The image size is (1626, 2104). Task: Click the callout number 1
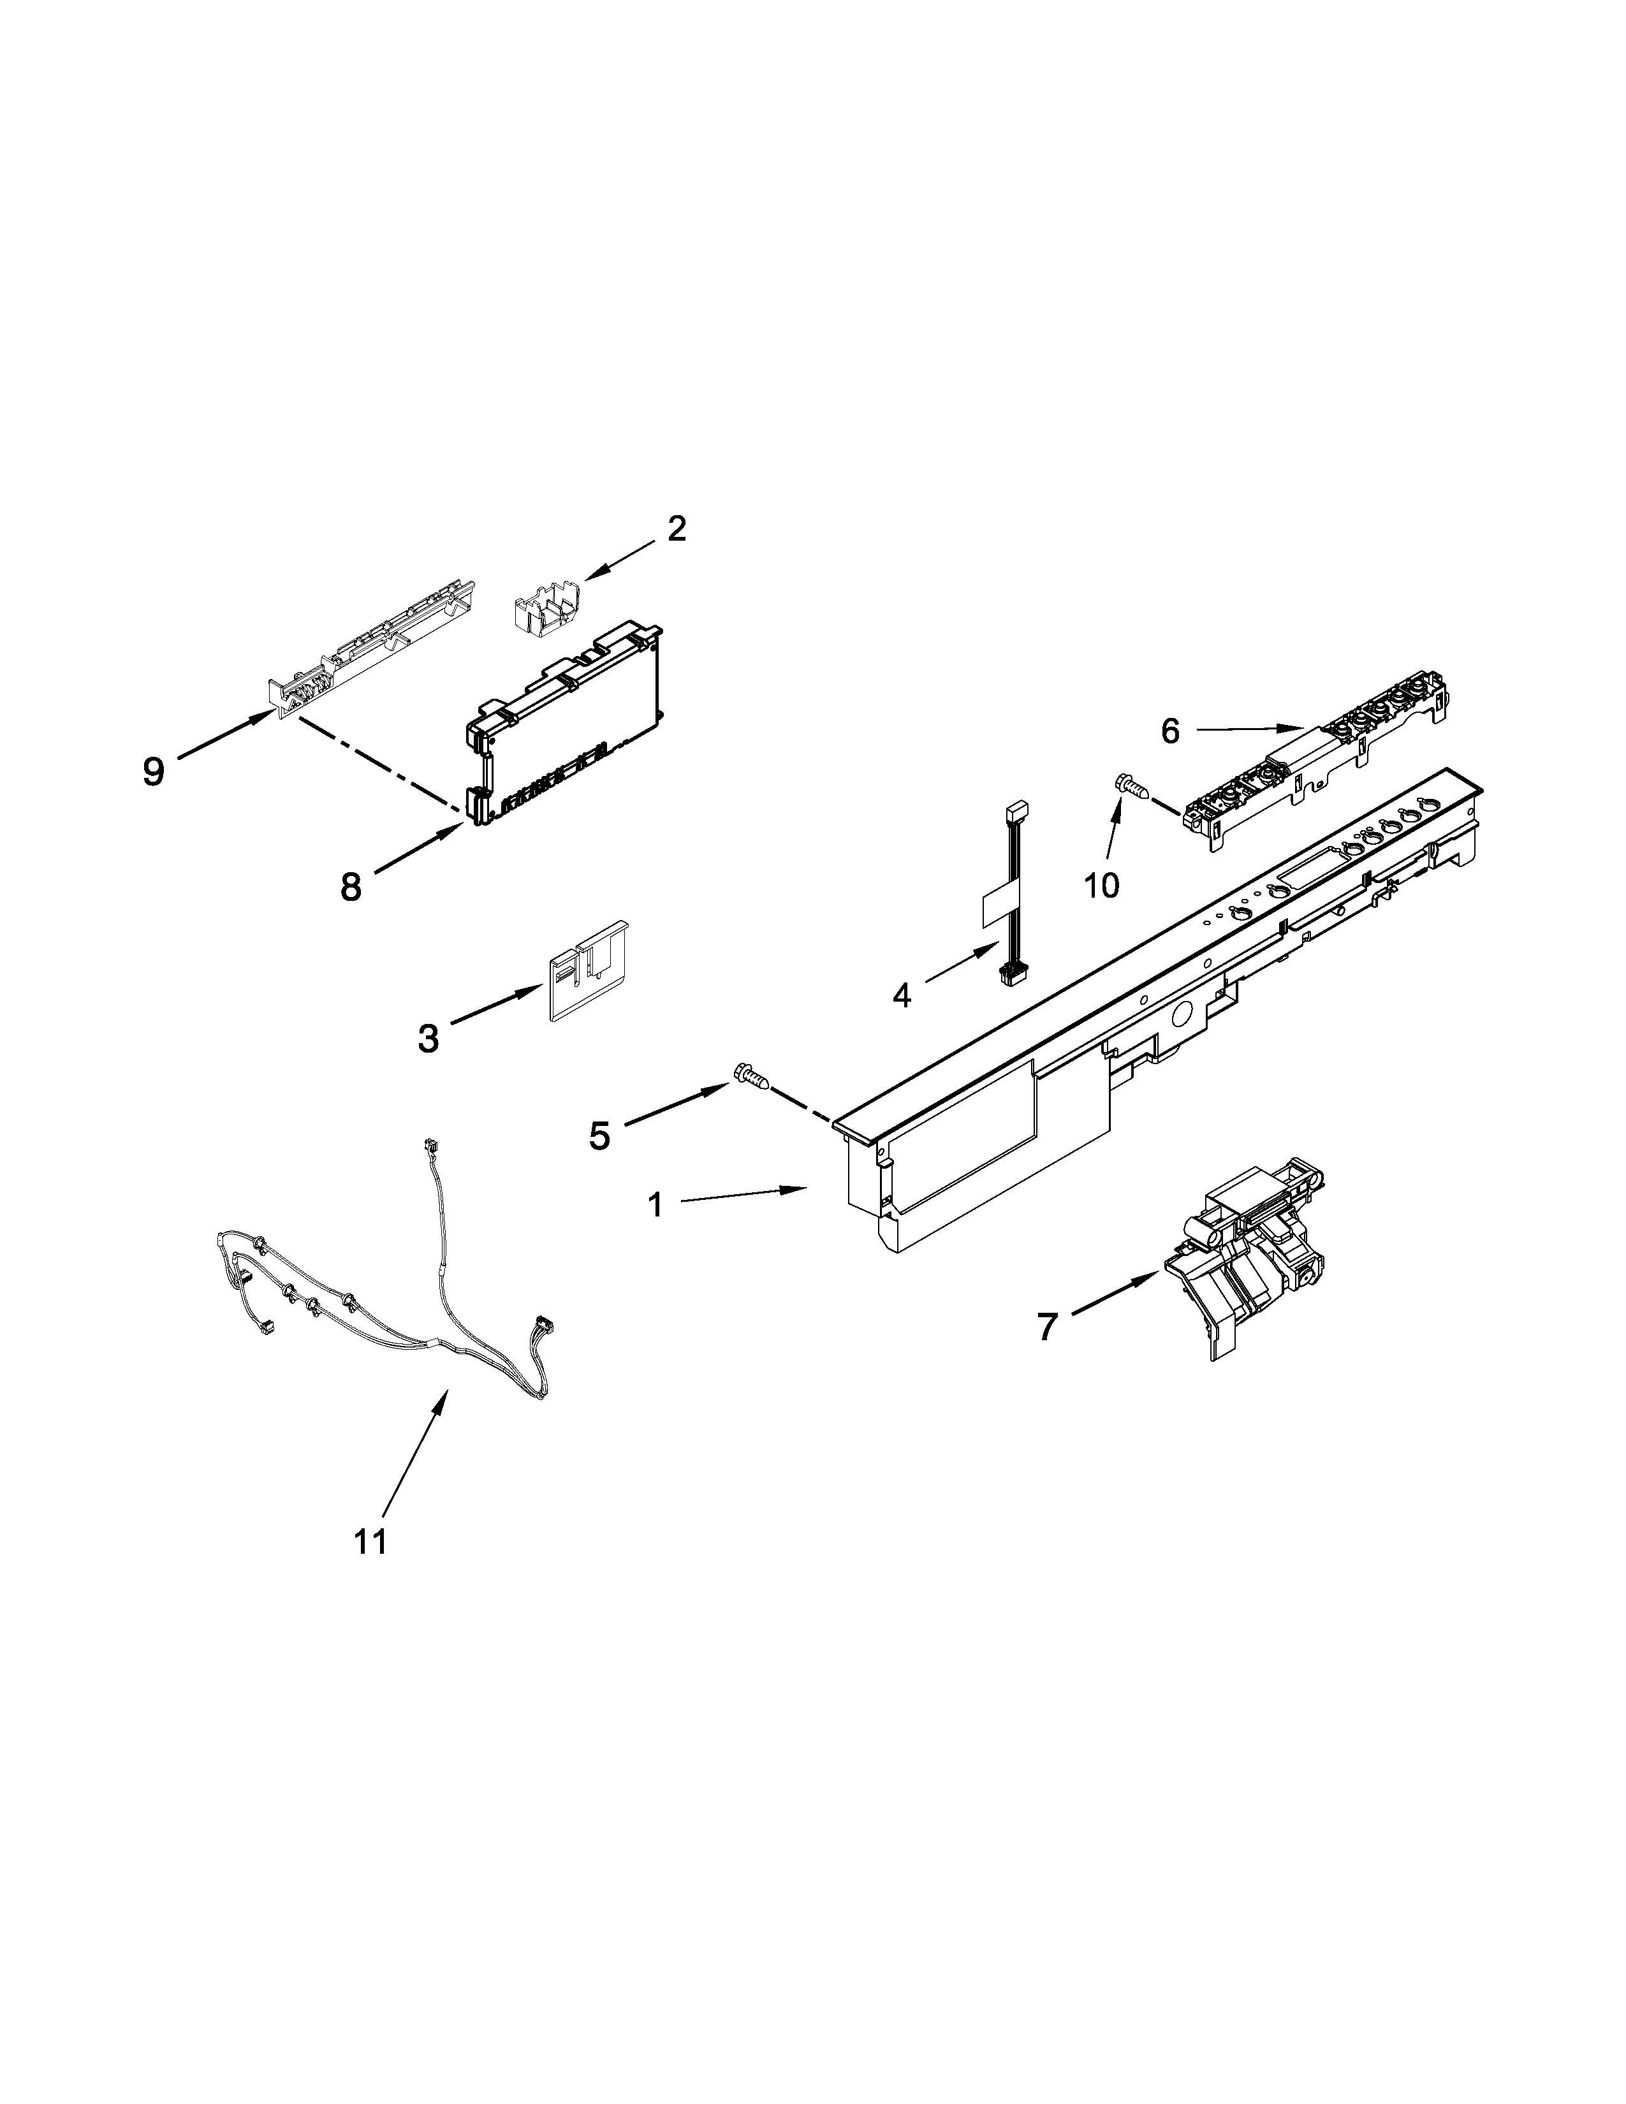tap(655, 1204)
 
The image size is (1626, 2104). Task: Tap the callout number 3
tap(428, 1039)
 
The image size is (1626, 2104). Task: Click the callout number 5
tap(599, 1137)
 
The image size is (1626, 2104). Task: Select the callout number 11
tap(370, 1542)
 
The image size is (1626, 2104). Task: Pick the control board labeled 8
tap(564, 718)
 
